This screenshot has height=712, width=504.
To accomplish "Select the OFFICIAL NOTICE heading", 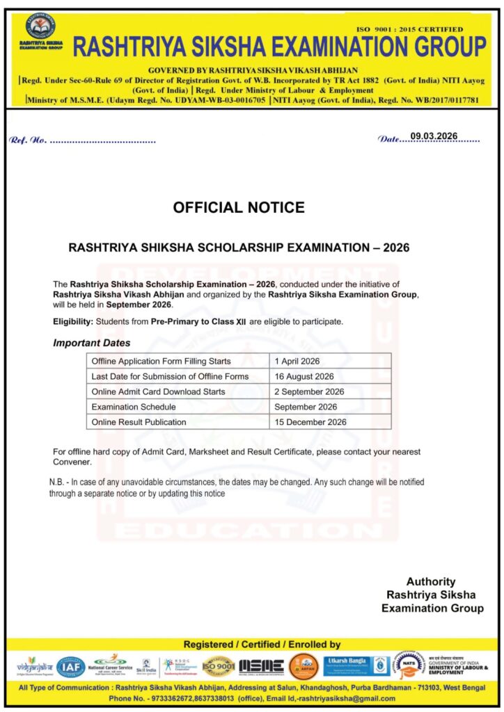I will pos(239,207).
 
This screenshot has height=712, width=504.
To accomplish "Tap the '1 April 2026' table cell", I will pos(297,362).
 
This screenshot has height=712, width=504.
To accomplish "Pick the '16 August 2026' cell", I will pos(304,377).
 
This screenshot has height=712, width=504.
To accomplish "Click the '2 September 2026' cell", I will pos(309,391).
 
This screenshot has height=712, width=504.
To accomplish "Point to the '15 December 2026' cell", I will pos(310,421).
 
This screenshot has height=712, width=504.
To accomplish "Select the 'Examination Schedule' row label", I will pos(132,407).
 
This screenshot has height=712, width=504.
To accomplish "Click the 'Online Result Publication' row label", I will pos(139,421).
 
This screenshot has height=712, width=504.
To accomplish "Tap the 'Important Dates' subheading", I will pos(91,343).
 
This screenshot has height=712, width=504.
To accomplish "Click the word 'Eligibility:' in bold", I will pos(73,321).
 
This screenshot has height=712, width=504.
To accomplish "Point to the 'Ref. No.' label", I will pos(28,140).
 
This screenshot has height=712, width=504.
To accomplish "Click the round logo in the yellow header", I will pos(42,26).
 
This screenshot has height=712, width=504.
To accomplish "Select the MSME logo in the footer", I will pos(261,666).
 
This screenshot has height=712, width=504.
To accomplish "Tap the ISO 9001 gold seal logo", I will pos(218,666).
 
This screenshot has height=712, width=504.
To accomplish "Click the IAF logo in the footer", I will pos(70,667).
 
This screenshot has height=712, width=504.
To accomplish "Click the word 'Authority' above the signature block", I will pos(431,581).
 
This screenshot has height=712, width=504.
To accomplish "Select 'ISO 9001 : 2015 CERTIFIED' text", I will pos(409,29).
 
